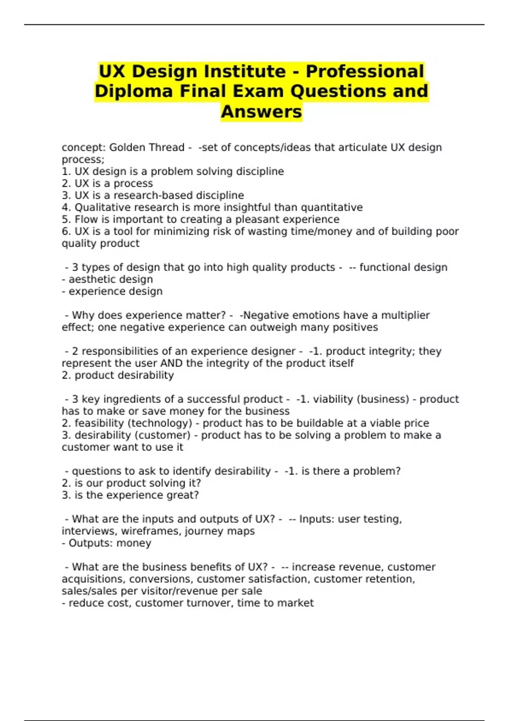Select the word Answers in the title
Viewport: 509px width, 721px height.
point(261,112)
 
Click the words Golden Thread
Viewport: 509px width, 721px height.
point(147,148)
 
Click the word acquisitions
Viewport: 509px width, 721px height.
point(94,579)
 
